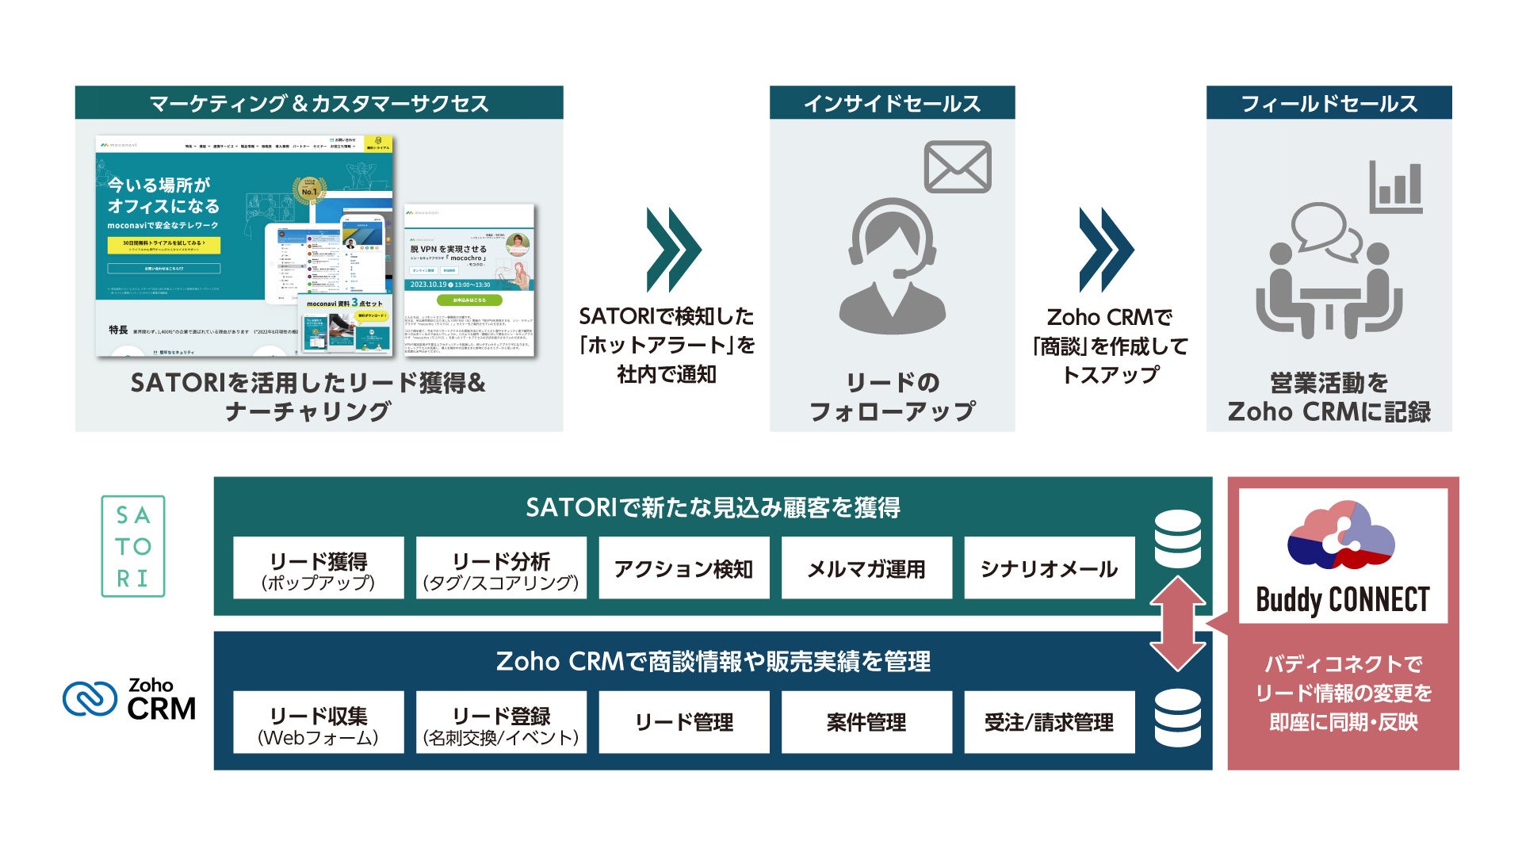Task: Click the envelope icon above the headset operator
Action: tap(958, 166)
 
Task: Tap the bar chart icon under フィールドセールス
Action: tap(1396, 187)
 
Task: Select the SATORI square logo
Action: tap(133, 546)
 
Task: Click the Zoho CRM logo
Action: tap(130, 699)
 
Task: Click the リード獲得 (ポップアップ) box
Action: tap(319, 568)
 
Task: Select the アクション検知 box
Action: tap(683, 568)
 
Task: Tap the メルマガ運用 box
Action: tap(866, 568)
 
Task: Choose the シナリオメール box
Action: tap(1049, 568)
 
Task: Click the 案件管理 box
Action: tap(866, 722)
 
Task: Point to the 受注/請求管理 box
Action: tap(1049, 722)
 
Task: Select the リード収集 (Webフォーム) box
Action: tap(319, 722)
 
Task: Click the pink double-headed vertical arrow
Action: tap(1178, 624)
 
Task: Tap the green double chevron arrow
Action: tap(673, 250)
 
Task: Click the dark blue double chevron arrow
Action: tap(1106, 250)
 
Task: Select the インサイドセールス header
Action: tap(892, 103)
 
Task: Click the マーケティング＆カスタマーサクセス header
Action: tap(319, 103)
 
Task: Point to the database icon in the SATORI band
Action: tap(1178, 539)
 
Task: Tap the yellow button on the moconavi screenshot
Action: tap(163, 245)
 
